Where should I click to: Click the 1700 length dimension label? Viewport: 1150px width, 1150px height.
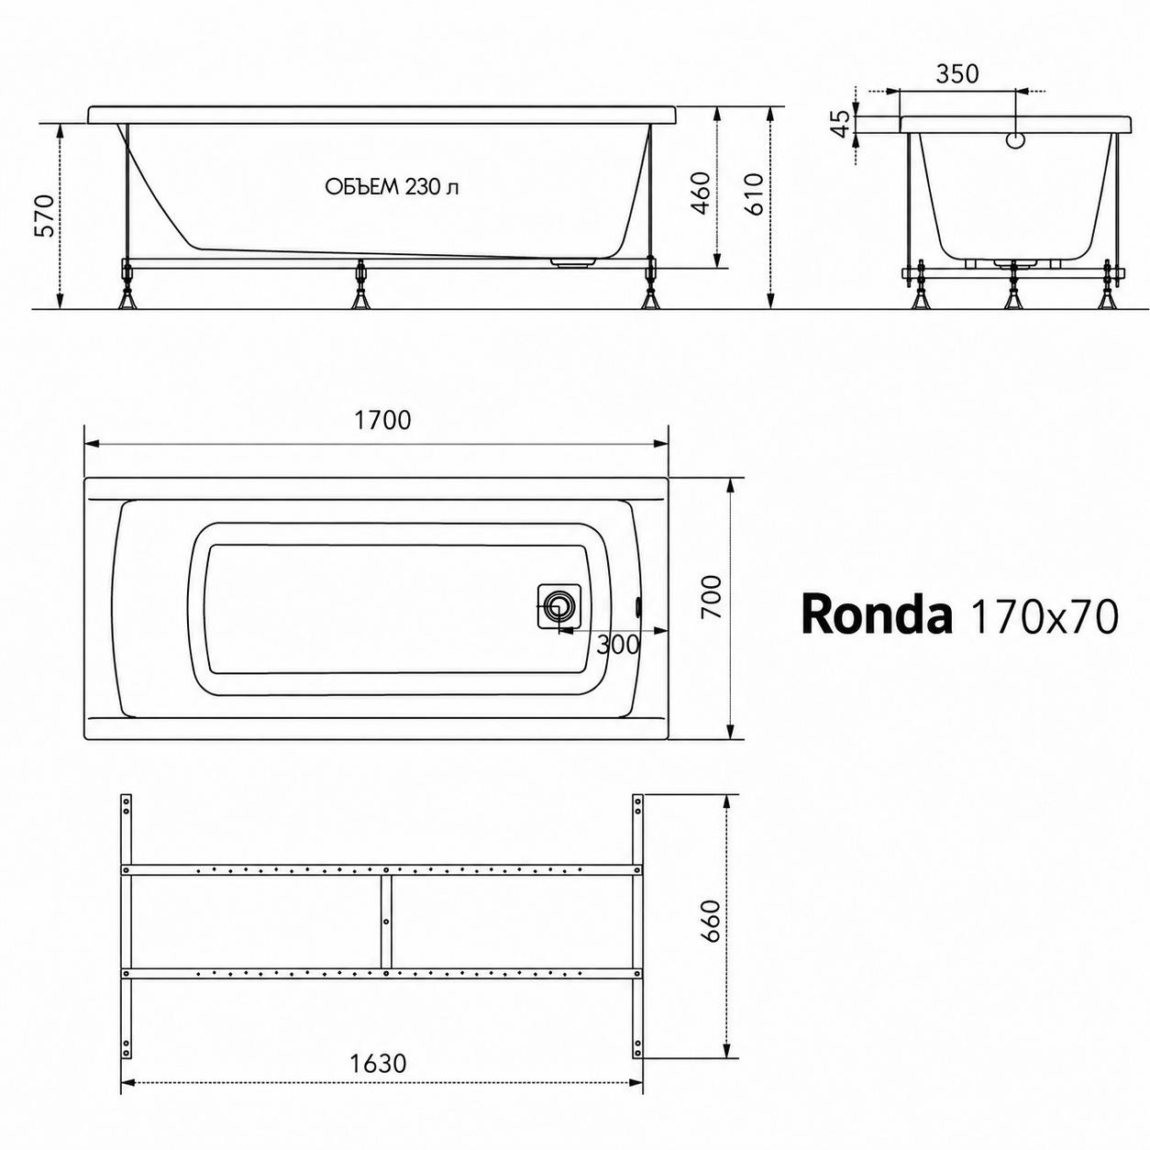[x=382, y=421]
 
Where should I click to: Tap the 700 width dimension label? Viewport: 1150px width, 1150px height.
[x=713, y=597]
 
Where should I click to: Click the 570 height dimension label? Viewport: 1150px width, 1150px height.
[x=48, y=215]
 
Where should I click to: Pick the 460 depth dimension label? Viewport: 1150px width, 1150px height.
[x=702, y=193]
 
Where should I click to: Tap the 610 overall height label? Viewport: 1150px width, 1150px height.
[x=755, y=194]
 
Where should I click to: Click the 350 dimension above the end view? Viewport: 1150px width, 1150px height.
[x=956, y=74]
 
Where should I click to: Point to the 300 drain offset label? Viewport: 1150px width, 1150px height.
[x=618, y=645]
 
